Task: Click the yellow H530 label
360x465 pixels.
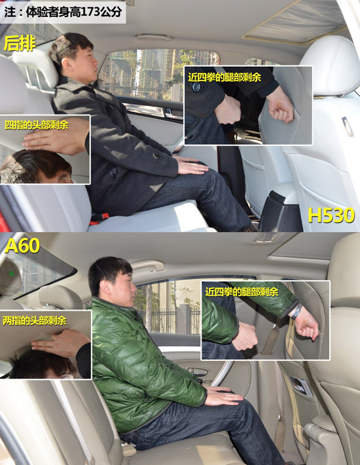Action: point(331,215)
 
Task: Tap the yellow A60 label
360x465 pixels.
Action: point(22,245)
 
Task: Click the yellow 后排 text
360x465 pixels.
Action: point(20,43)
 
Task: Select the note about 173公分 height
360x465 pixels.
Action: point(63,12)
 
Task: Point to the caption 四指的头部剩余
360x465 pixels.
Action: point(37,125)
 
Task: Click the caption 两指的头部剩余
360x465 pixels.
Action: point(35,320)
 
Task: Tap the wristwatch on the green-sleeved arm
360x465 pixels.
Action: point(297,312)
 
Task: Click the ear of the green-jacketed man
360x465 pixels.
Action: point(105,287)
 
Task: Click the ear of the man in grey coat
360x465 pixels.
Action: point(65,61)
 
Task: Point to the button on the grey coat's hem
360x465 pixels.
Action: point(156,154)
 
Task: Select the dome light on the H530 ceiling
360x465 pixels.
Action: point(154,37)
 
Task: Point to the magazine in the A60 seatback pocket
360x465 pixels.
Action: point(301,386)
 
